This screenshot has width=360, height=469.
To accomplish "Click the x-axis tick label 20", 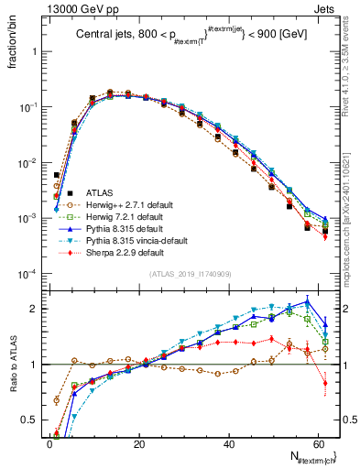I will point(138,443).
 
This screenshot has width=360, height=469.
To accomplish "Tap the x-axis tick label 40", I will point(228,443).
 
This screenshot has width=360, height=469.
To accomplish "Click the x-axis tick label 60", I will point(317,443).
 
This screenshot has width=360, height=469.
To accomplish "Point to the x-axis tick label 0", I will point(49,443).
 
